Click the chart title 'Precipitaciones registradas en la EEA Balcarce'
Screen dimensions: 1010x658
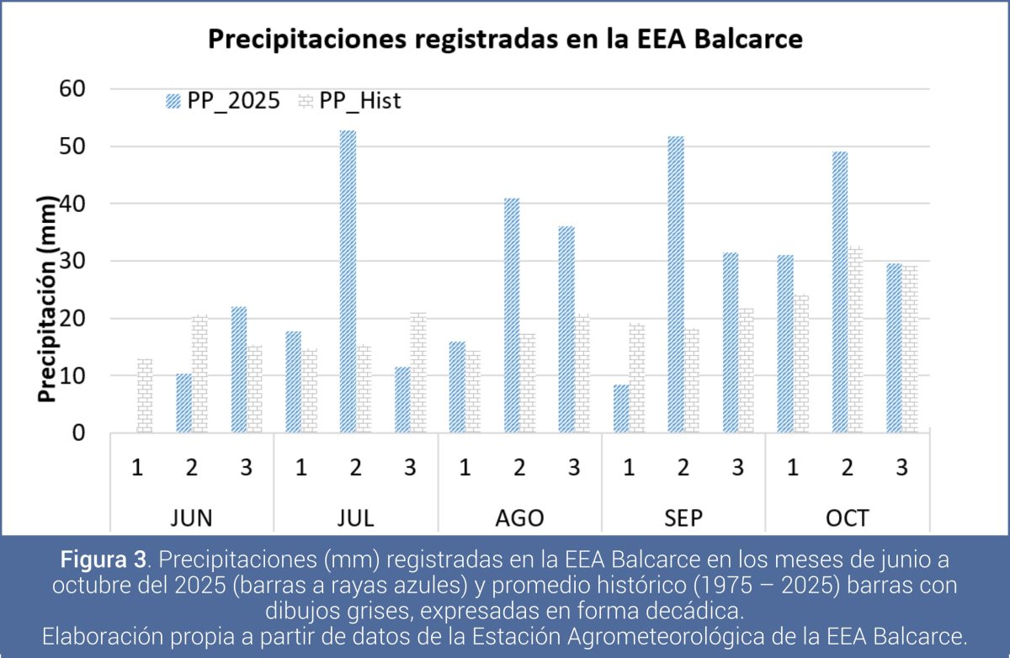click(x=505, y=40)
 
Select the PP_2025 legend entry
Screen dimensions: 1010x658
click(x=223, y=100)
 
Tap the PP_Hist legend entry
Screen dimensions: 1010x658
click(x=349, y=100)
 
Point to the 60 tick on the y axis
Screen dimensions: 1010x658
click(x=72, y=89)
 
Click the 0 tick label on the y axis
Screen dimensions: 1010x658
click(x=78, y=433)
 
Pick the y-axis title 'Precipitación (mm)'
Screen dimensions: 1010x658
click(x=46, y=299)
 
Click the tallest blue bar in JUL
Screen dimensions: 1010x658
click(x=348, y=282)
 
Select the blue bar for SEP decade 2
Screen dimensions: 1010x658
click(x=676, y=284)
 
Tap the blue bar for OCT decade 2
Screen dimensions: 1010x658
click(x=840, y=292)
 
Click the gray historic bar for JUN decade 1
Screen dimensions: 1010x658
click(x=145, y=395)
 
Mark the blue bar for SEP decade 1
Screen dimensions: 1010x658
click(x=621, y=409)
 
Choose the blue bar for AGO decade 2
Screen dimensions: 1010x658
click(x=512, y=316)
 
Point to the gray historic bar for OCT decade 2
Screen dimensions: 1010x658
click(x=855, y=340)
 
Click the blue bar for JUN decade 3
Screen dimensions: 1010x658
click(x=239, y=369)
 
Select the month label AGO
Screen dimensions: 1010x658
click(x=520, y=518)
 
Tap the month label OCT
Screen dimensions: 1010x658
click(x=848, y=518)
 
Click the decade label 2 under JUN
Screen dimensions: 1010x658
click(x=192, y=468)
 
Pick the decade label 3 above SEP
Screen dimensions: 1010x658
click(x=737, y=468)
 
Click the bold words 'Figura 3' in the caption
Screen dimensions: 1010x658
click(x=104, y=560)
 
